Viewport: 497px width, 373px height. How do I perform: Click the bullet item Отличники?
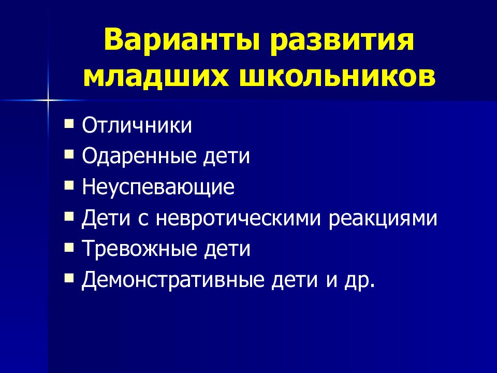click(x=137, y=126)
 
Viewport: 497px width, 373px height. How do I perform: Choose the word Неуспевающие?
click(x=158, y=187)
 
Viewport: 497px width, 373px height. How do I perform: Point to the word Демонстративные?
click(x=173, y=280)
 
